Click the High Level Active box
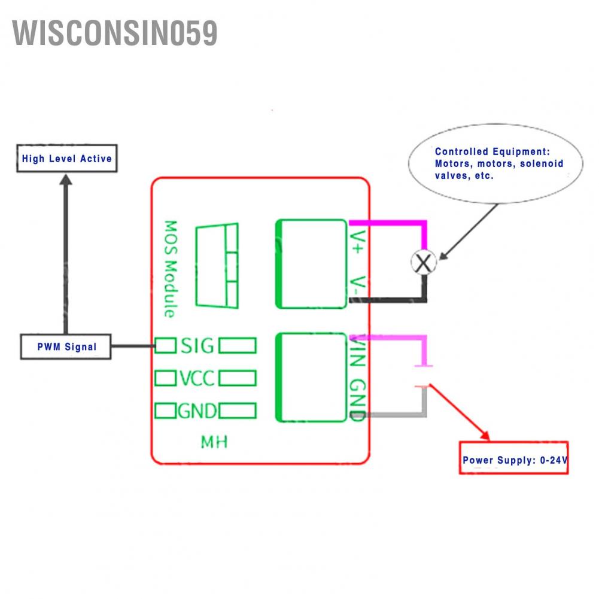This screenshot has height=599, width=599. click(66, 159)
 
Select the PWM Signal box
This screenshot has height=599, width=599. click(66, 347)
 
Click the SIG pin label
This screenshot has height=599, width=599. click(197, 346)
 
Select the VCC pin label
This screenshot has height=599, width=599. click(197, 378)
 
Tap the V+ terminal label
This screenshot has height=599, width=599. click(357, 242)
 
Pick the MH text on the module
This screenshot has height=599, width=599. click(214, 443)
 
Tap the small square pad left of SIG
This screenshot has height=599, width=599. click(166, 345)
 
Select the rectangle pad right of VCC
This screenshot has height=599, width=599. click(238, 378)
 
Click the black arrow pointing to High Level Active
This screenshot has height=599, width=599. click(66, 251)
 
